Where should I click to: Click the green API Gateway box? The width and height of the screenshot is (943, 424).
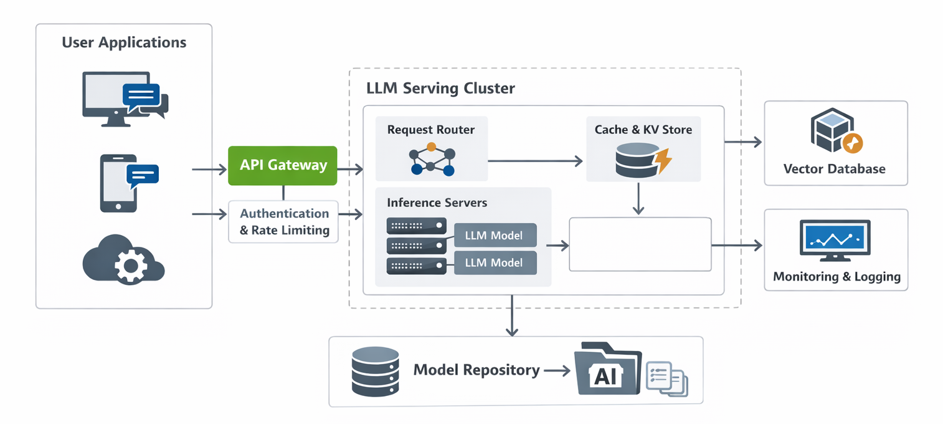pos(283,165)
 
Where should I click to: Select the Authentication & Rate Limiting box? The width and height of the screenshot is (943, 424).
pos(283,221)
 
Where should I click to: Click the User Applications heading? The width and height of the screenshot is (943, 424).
pos(124,42)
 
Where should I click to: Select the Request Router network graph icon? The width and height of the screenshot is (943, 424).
pos(431,159)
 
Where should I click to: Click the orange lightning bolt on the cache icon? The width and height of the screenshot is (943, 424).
pos(664,161)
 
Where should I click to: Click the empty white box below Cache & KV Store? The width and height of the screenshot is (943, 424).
pos(640,244)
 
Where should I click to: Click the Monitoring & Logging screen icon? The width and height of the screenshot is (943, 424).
pos(835,239)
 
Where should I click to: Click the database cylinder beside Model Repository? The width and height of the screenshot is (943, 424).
pos(375,371)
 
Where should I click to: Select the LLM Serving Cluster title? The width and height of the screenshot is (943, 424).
pos(441,88)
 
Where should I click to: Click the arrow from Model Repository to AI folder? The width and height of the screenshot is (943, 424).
pos(557,370)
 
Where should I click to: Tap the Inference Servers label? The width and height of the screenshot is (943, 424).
pos(437,203)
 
